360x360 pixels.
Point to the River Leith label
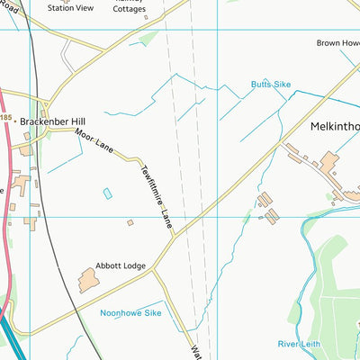[300, 344]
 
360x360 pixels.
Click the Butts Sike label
[272, 85]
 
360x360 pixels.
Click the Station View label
[70, 8]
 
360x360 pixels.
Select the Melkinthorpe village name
[335, 128]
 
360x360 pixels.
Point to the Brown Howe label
[337, 42]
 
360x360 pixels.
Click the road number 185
[5, 118]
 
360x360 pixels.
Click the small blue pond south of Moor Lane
[108, 193]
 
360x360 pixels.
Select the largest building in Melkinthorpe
[329, 161]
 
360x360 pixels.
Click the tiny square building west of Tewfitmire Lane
[130, 222]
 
